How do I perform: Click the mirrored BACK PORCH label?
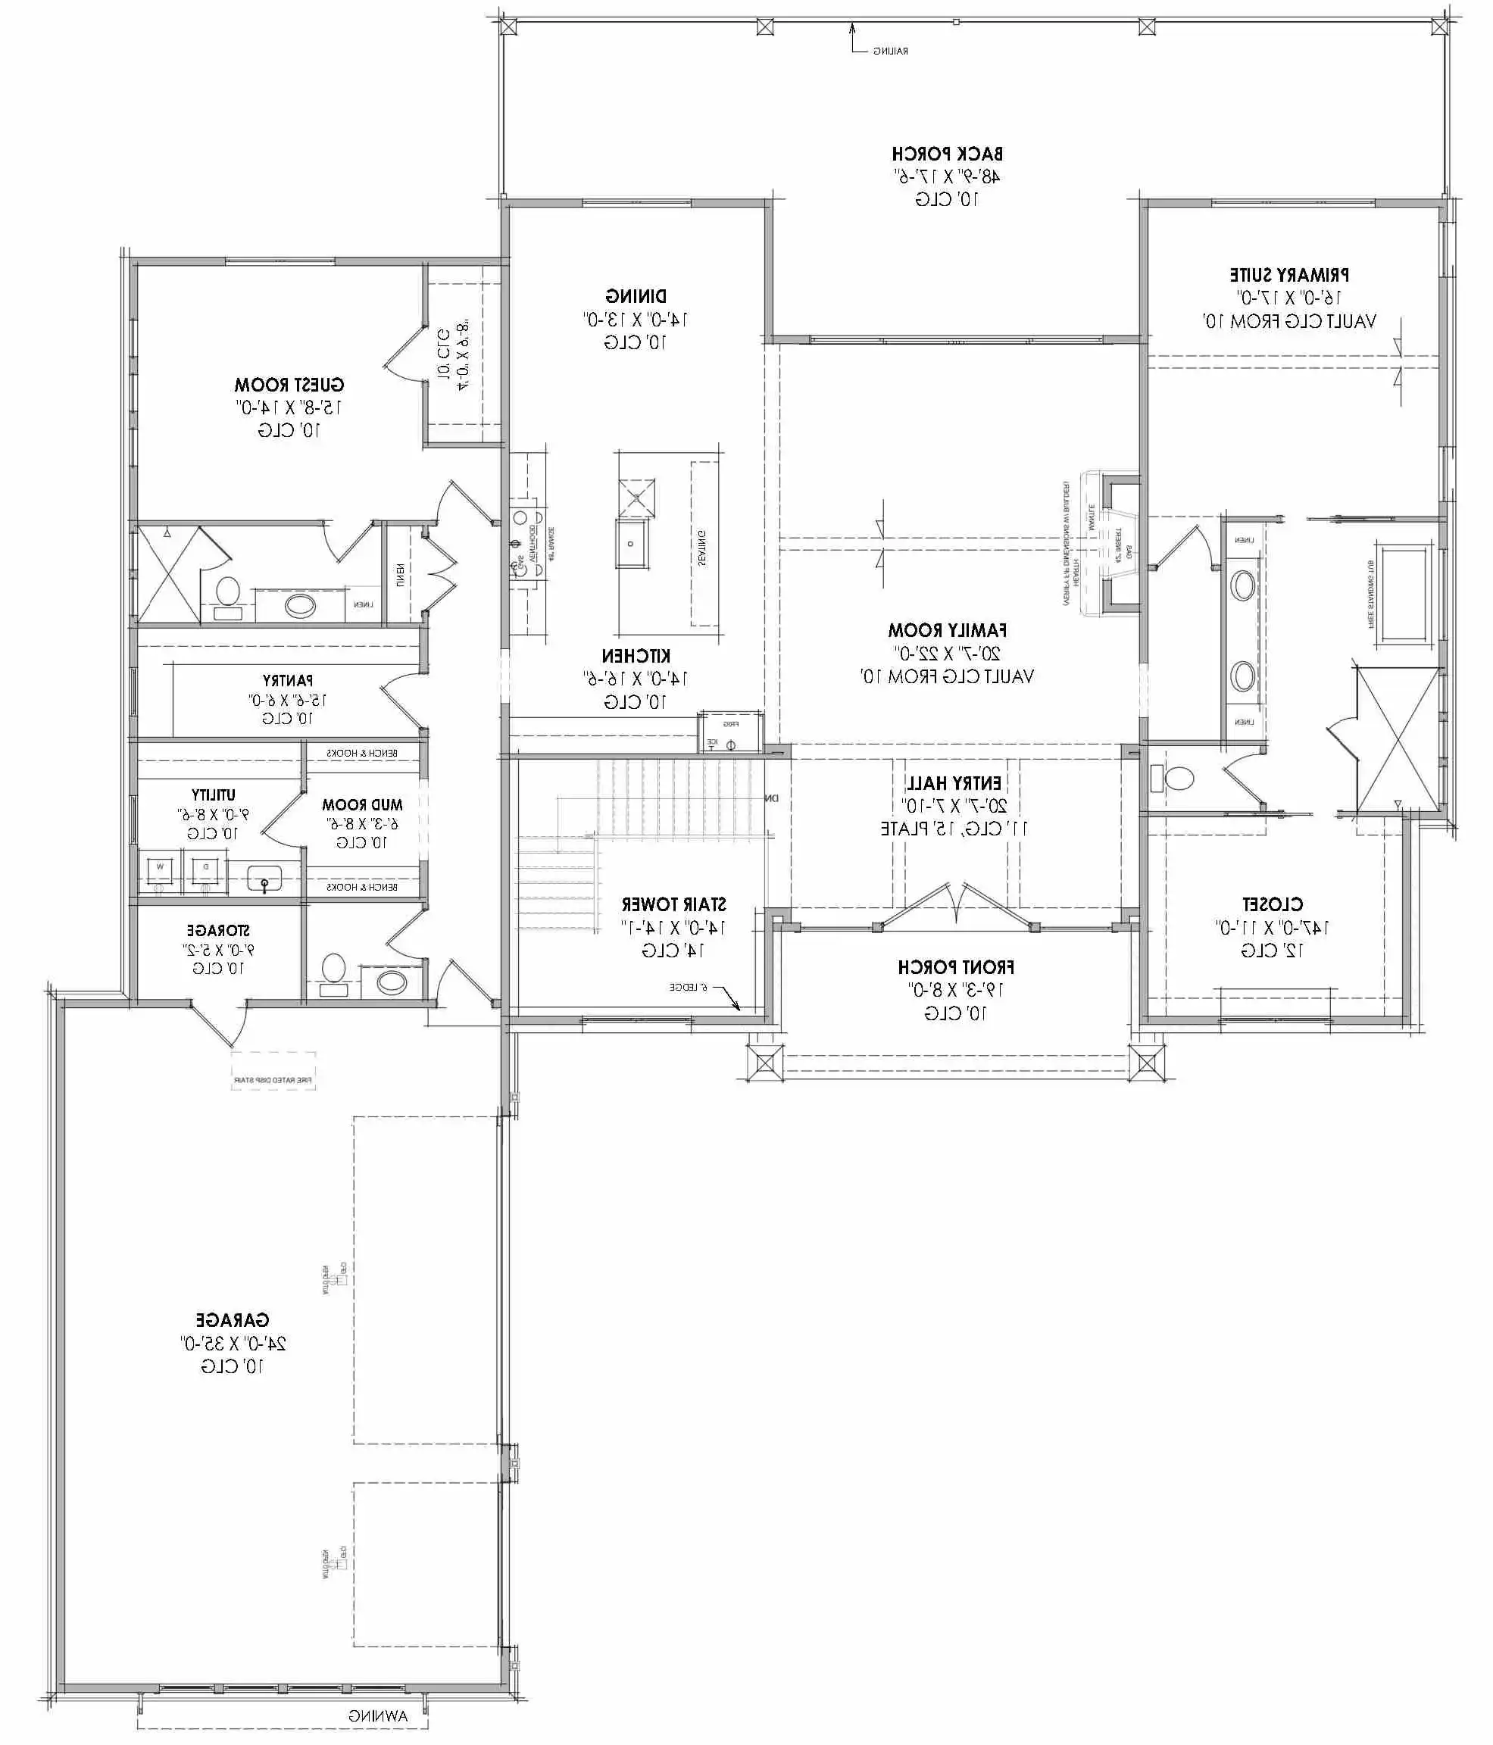[948, 154]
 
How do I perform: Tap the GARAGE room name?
[233, 1319]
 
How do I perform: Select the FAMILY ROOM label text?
[948, 630]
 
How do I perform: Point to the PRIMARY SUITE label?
[1289, 275]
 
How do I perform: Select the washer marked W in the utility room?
[160, 872]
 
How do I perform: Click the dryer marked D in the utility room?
[205, 872]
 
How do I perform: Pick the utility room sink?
[264, 879]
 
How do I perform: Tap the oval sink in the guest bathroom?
[300, 604]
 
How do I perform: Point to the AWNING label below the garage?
[378, 1716]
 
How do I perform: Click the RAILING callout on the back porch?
[889, 52]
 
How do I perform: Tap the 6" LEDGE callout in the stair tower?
[689, 987]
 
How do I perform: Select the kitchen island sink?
[632, 544]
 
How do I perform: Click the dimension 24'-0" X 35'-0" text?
[233, 1344]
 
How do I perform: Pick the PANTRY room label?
[288, 679]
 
